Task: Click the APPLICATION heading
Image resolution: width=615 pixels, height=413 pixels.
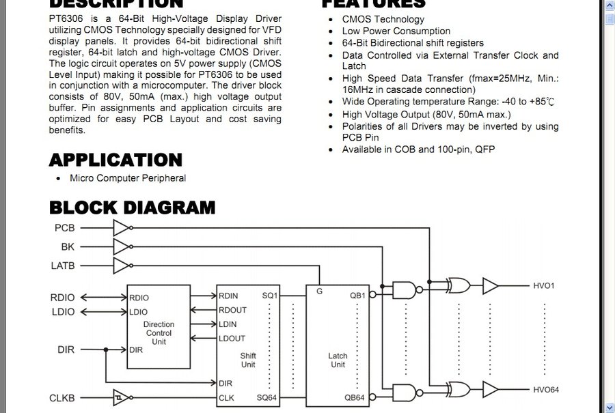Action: pyautogui.click(x=115, y=160)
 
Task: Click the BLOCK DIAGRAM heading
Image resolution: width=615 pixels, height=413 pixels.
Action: pyautogui.click(x=132, y=207)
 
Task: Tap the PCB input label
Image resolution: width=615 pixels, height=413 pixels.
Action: pyautogui.click(x=64, y=227)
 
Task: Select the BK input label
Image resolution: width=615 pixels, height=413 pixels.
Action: pyautogui.click(x=68, y=246)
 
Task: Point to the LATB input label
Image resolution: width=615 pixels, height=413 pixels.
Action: pyautogui.click(x=63, y=265)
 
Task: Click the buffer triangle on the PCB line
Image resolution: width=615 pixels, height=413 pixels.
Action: pyautogui.click(x=121, y=227)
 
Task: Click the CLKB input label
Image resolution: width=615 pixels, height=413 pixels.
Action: pyautogui.click(x=62, y=397)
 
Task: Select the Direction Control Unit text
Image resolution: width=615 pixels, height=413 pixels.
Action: pyautogui.click(x=159, y=332)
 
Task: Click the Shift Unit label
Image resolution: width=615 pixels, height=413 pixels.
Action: pyautogui.click(x=248, y=360)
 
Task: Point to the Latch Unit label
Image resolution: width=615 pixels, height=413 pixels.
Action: pyautogui.click(x=338, y=360)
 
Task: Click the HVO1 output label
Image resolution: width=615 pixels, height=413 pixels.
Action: pyautogui.click(x=544, y=285)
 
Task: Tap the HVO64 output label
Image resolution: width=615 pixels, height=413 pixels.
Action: pyautogui.click(x=546, y=390)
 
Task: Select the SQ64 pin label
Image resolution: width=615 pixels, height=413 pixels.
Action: pyautogui.click(x=267, y=397)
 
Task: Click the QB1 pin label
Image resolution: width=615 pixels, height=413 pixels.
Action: pyautogui.click(x=358, y=296)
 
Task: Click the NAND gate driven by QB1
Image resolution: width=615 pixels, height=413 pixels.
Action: pyautogui.click(x=405, y=289)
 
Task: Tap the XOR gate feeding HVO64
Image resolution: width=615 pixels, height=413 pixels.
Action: pyautogui.click(x=457, y=390)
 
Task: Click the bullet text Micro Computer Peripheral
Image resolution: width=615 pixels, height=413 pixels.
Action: pyautogui.click(x=127, y=178)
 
